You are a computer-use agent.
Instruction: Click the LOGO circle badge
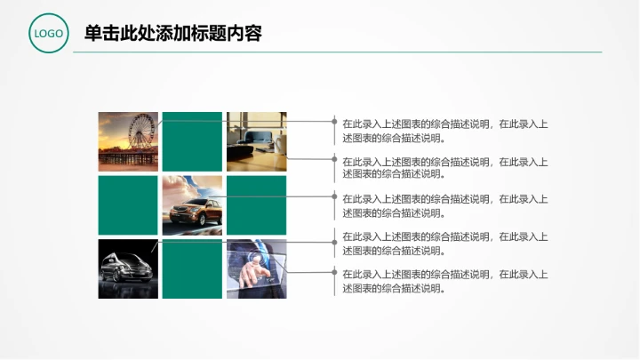[48, 34]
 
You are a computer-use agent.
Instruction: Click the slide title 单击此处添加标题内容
[172, 34]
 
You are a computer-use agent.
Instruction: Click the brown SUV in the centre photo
[196, 212]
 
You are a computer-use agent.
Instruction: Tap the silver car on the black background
[125, 268]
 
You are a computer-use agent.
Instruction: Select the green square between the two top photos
[192, 141]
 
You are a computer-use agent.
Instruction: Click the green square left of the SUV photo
[128, 205]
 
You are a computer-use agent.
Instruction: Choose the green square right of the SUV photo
[256, 205]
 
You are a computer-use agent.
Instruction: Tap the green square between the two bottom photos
[192, 268]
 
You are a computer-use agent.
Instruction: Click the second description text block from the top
[444, 168]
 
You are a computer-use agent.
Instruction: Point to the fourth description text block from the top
[444, 244]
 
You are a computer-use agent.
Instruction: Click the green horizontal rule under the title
[338, 52]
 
